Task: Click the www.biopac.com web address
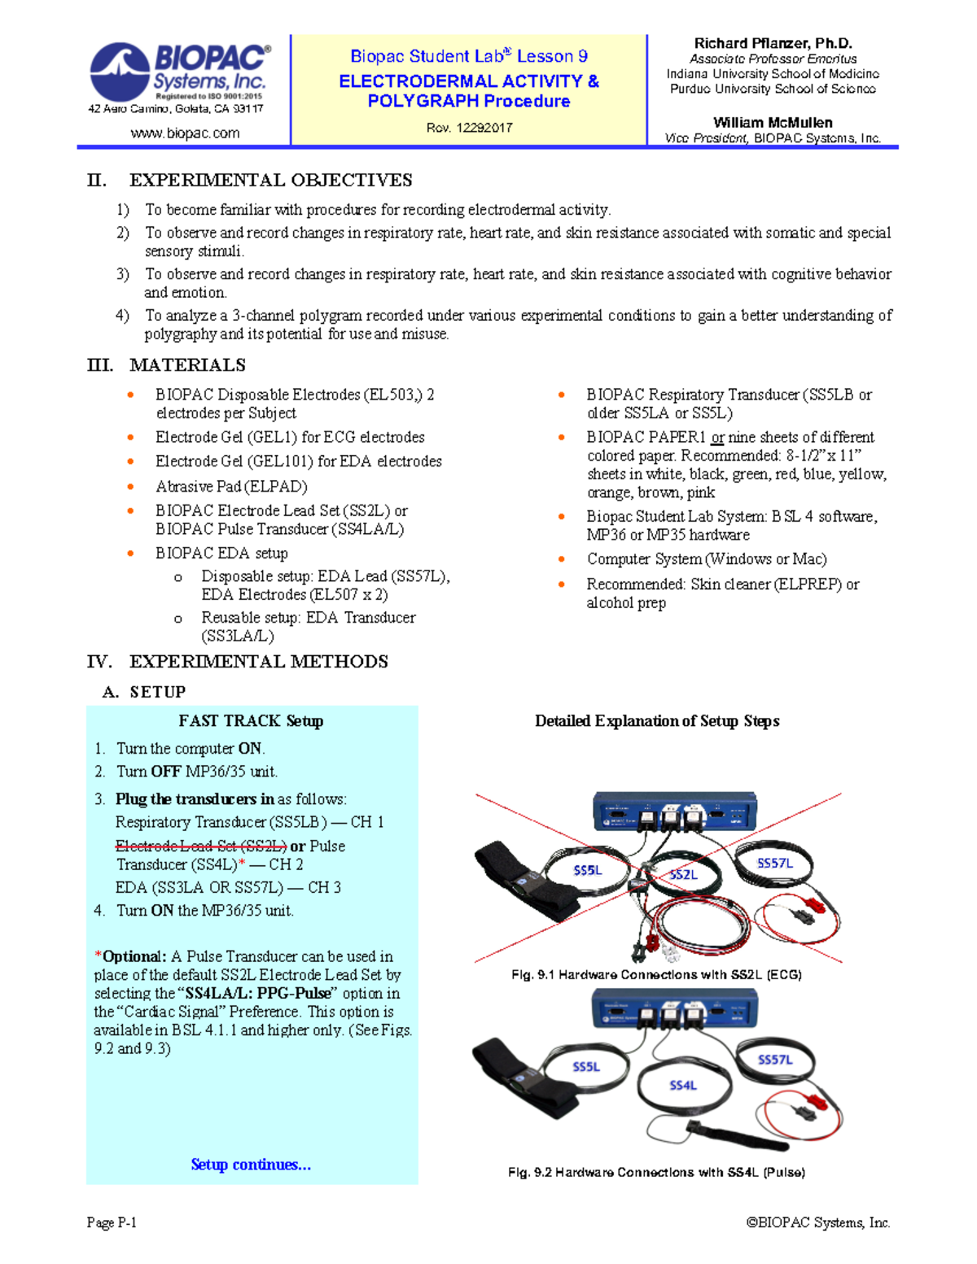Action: (185, 133)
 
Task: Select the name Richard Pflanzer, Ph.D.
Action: (773, 43)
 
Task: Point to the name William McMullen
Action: (773, 122)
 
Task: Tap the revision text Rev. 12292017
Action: (469, 127)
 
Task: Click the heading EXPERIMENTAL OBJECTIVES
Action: (270, 180)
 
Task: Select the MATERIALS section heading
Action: (187, 365)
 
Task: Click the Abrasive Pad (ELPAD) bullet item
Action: (231, 486)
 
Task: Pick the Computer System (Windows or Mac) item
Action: (707, 559)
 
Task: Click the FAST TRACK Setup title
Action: (251, 720)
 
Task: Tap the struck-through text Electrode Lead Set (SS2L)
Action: (200, 846)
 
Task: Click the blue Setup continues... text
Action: (251, 1164)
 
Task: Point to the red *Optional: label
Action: (130, 956)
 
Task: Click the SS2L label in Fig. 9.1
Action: (683, 874)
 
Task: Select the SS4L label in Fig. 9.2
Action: (682, 1085)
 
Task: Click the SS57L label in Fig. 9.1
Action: (774, 863)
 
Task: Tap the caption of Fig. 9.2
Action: (656, 1172)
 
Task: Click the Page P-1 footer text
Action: (112, 1222)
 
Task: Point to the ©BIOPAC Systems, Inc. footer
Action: (818, 1222)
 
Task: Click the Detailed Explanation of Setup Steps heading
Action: (657, 720)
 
